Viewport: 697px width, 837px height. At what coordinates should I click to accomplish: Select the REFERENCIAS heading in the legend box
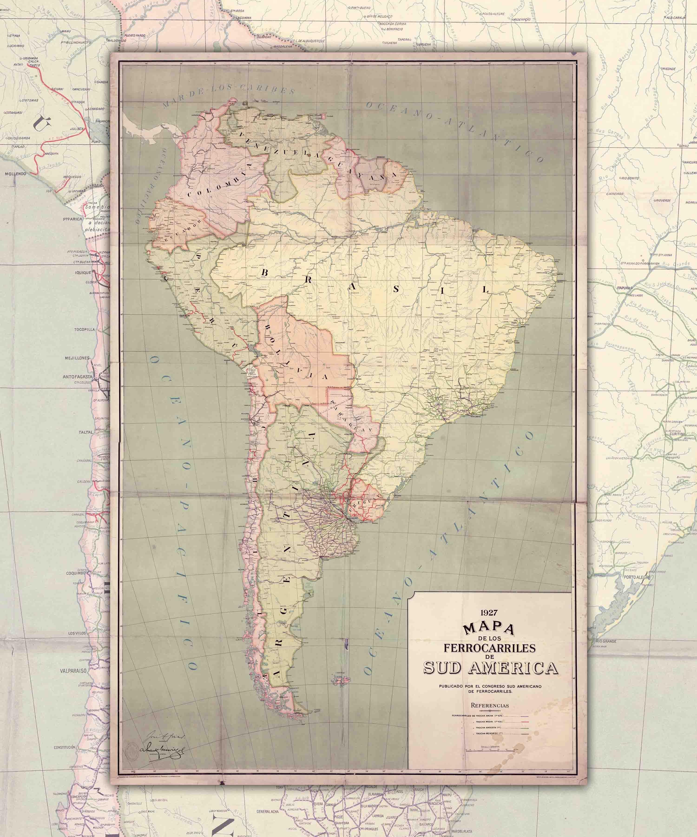490,705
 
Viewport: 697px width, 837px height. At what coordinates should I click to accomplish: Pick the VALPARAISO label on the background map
73,671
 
